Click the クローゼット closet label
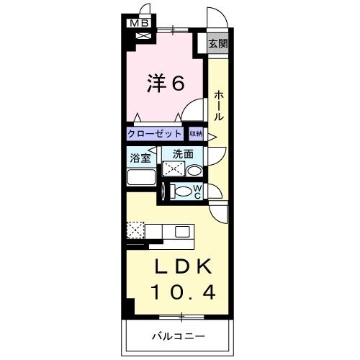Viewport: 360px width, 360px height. pyautogui.click(x=156, y=134)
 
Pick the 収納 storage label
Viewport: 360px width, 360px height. pyautogui.click(x=197, y=134)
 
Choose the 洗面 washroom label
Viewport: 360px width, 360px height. pyautogui.click(x=182, y=153)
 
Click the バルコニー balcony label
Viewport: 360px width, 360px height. pyautogui.click(x=178, y=336)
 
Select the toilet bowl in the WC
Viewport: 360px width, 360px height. pyautogui.click(x=184, y=192)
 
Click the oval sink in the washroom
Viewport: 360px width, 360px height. pyautogui.click(x=194, y=170)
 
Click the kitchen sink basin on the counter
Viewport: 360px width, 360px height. pyautogui.click(x=181, y=231)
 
